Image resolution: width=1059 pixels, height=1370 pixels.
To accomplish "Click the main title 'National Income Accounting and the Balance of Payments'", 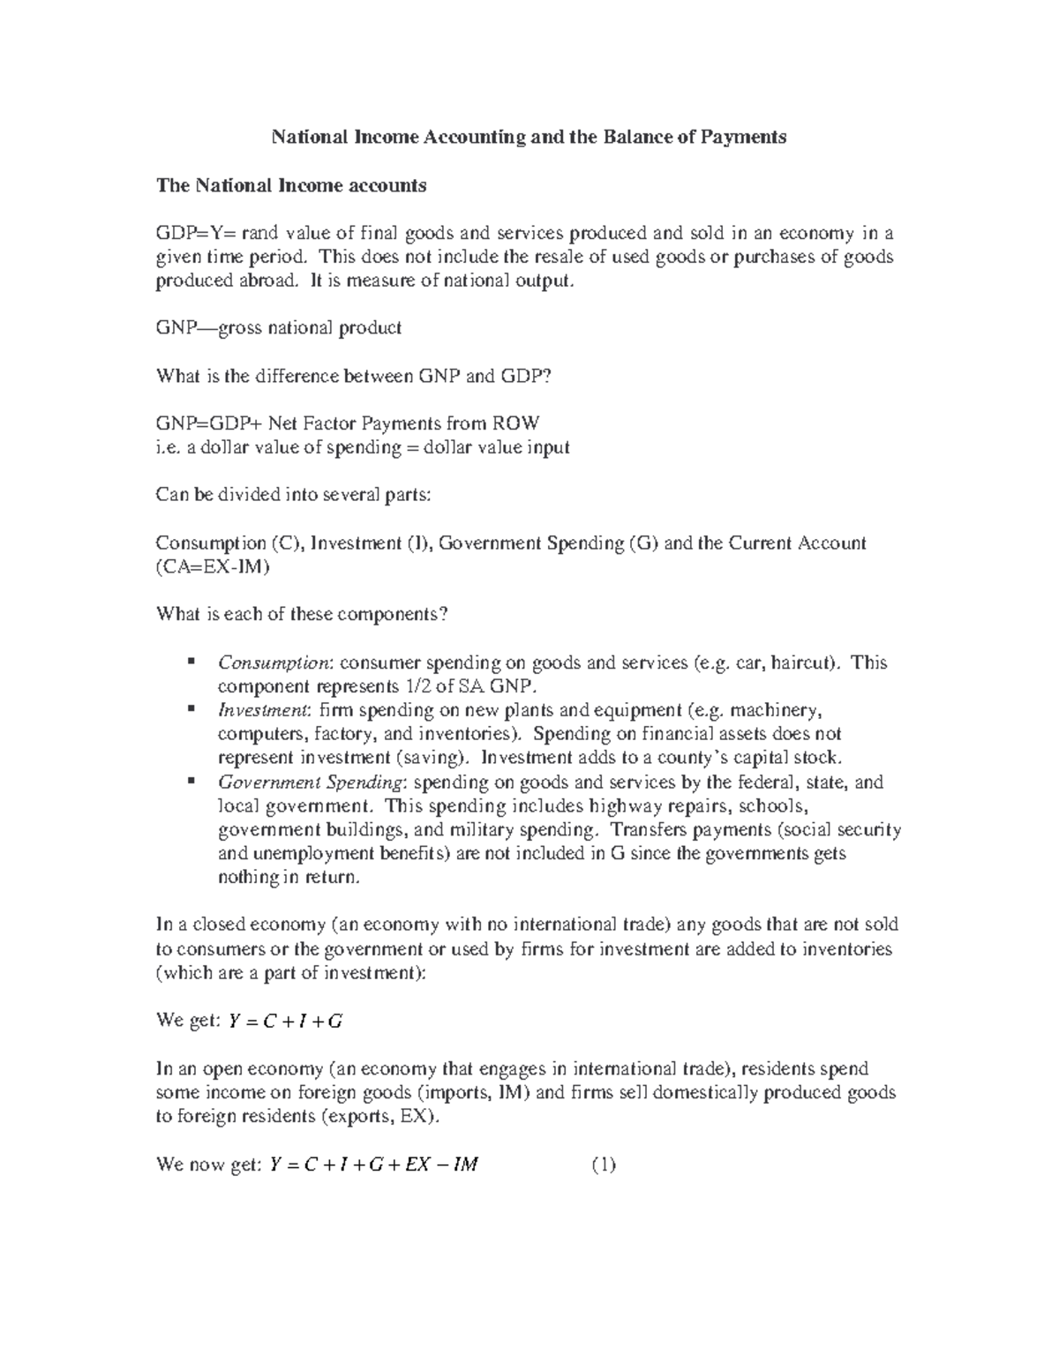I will point(528,137).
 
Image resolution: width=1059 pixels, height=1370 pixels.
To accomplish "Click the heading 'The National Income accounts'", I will point(290,185).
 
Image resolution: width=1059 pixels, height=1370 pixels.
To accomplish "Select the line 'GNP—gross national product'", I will point(278,328).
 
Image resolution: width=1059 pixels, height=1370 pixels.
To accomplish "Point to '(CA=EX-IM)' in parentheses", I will point(213,567).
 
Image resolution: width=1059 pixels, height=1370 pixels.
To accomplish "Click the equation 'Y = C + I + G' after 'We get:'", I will point(285,1022).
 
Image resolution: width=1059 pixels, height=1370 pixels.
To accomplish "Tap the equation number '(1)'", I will point(603,1164).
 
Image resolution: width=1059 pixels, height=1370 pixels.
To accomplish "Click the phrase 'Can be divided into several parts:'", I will point(293,495).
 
